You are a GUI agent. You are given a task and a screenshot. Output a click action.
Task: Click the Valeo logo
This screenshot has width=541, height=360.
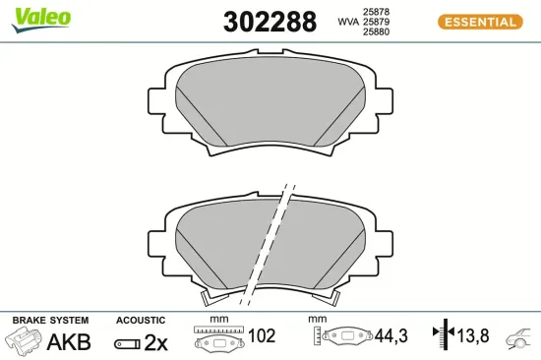41,16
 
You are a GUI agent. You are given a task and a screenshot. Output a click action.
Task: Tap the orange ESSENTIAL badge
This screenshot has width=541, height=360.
479,22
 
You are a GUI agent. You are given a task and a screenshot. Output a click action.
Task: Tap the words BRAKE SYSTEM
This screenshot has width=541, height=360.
50,321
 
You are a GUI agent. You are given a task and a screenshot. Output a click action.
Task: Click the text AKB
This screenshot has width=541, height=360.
69,342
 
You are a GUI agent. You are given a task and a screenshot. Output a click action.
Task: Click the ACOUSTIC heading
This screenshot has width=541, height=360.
140,321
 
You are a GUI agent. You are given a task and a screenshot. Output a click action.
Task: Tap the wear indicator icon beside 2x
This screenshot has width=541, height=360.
127,343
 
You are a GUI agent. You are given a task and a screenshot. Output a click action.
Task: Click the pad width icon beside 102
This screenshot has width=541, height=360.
218,338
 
